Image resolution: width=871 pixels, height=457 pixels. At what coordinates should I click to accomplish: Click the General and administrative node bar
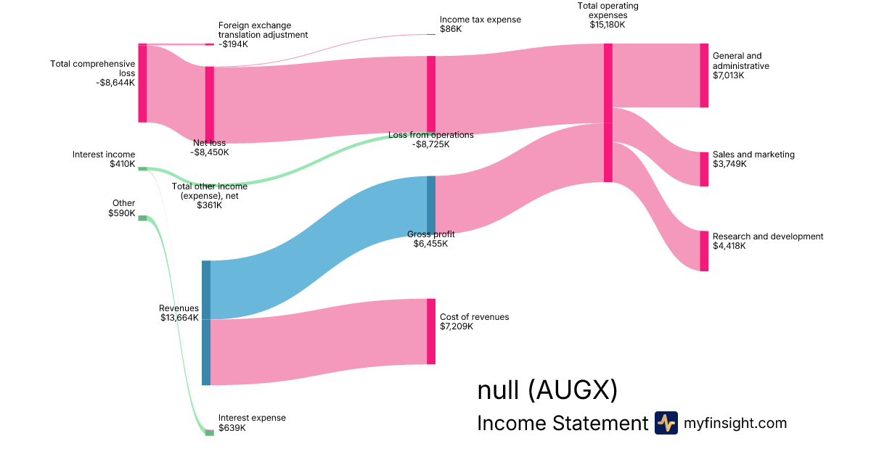click(x=704, y=75)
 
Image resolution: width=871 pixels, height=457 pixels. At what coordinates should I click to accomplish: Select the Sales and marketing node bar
click(x=704, y=169)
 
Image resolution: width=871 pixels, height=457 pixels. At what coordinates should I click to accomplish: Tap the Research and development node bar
click(x=704, y=251)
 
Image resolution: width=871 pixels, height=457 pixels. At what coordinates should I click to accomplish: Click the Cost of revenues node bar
click(x=431, y=332)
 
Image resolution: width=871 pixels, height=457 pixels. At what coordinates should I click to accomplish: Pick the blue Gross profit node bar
click(x=431, y=205)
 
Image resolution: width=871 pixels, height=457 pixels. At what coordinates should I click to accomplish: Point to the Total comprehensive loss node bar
click(x=142, y=83)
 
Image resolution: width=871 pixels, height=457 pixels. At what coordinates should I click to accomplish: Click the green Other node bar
click(x=142, y=218)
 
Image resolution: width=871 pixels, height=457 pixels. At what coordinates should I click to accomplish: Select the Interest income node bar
click(x=142, y=168)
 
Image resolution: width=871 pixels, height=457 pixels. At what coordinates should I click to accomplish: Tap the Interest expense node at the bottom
click(x=210, y=432)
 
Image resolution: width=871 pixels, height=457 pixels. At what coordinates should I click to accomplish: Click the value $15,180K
click(x=608, y=25)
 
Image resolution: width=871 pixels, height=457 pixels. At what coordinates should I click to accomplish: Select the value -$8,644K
click(x=115, y=83)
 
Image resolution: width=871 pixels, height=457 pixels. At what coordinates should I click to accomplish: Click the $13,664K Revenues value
click(x=179, y=318)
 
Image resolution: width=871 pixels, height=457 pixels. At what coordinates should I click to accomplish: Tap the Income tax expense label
click(x=481, y=20)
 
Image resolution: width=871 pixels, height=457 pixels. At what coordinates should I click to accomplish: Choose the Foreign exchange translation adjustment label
click(x=263, y=30)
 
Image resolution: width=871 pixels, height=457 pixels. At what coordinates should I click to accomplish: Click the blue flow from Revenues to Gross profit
click(x=319, y=247)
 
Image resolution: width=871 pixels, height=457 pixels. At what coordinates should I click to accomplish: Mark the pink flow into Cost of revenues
click(x=319, y=342)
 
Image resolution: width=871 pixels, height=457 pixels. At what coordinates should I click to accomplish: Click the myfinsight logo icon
click(x=666, y=423)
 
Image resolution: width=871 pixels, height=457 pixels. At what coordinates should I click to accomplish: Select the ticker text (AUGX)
click(x=573, y=390)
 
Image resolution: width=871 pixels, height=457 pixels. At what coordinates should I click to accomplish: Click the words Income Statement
click(x=563, y=423)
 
